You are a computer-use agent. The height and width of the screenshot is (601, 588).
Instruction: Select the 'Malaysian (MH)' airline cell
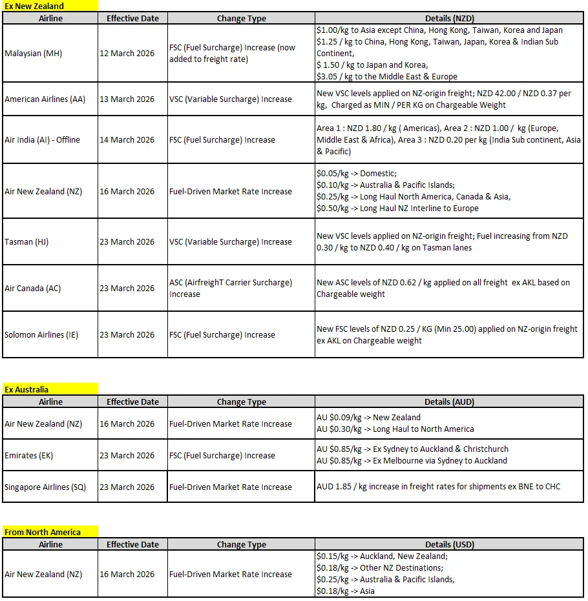[x=34, y=54]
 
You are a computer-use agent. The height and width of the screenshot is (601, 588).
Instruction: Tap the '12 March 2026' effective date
[x=127, y=54]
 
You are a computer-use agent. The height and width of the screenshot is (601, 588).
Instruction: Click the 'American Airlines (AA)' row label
[x=45, y=99]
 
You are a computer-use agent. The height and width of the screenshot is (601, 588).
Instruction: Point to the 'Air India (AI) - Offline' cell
[x=43, y=140]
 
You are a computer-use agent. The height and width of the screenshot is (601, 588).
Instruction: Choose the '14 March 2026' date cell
[x=127, y=140]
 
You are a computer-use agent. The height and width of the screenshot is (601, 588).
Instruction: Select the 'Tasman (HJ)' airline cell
[x=26, y=242]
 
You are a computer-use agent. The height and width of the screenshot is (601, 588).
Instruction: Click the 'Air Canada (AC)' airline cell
[x=32, y=289]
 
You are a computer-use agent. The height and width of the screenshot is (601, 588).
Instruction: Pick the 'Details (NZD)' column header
[x=449, y=19]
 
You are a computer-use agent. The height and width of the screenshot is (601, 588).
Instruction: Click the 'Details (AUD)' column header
[x=449, y=402]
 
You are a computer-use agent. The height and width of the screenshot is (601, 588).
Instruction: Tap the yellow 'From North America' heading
[x=43, y=533]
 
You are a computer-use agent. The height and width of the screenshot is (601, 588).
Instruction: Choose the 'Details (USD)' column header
[x=449, y=545]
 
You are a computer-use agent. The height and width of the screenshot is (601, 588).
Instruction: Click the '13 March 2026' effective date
[x=127, y=99]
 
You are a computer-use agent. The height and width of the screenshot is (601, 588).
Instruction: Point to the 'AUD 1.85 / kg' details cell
[x=438, y=487]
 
